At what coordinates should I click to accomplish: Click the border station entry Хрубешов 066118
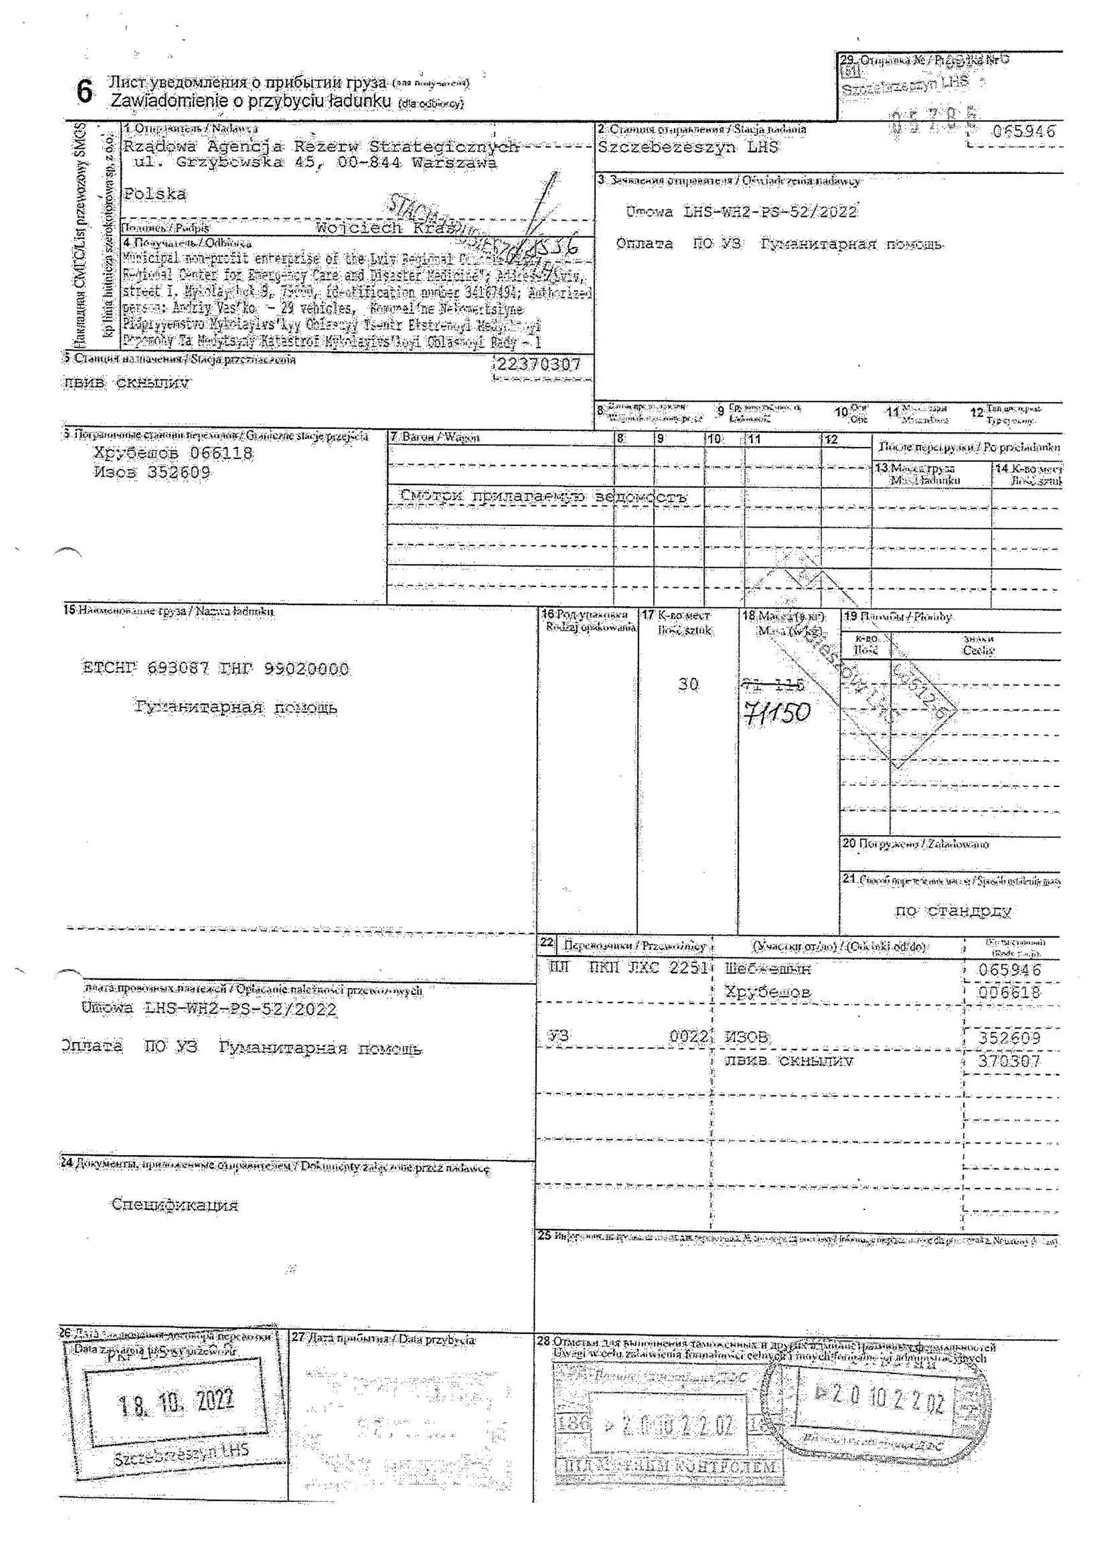[173, 453]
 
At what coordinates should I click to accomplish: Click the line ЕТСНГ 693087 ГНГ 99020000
[215, 669]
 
